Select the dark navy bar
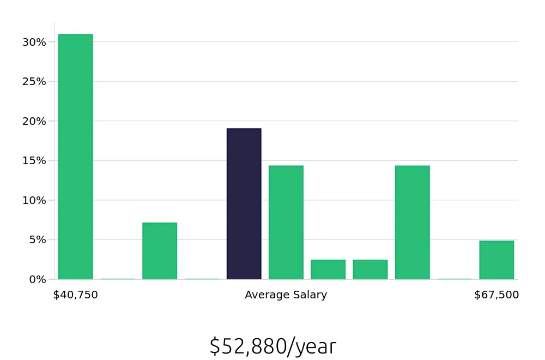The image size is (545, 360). tap(244, 204)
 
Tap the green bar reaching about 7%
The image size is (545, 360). tap(160, 251)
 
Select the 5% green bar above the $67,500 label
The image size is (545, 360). tap(496, 260)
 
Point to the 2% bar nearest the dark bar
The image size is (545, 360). tap(328, 269)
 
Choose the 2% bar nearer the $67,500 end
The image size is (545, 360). tap(370, 269)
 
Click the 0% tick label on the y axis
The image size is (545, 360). tap(38, 279)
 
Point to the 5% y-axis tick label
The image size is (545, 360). tap(38, 240)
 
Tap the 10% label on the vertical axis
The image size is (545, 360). tap(34, 200)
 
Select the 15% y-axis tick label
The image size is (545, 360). tap(34, 161)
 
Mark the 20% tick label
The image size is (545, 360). tap(34, 121)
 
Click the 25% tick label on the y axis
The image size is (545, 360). tap(34, 82)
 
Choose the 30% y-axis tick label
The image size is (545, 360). tap(34, 42)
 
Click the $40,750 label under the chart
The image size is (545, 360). tap(76, 295)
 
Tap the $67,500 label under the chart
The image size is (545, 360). tap(496, 295)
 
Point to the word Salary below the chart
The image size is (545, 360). tap(310, 295)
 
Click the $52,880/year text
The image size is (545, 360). tap(272, 346)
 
